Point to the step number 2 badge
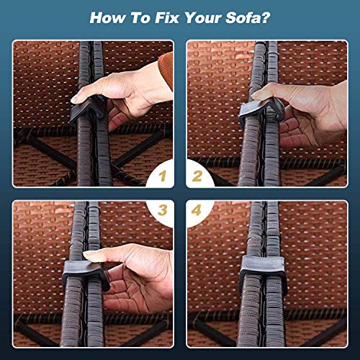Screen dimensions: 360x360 [199, 174]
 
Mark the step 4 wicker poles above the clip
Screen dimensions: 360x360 [263, 227]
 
